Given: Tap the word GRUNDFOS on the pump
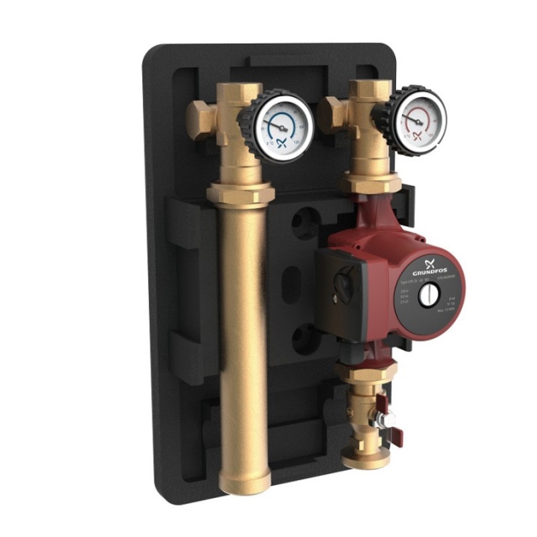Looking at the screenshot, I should [x=428, y=264].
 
